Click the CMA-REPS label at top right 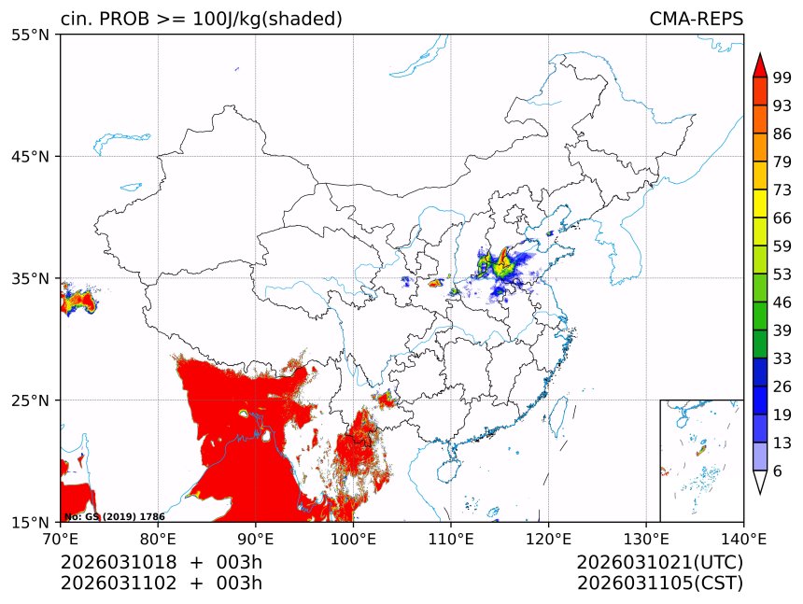click(696, 19)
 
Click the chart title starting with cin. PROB click(201, 19)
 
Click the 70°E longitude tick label click(61, 538)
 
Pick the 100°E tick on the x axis click(353, 538)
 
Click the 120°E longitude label click(548, 538)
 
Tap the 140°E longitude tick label click(743, 538)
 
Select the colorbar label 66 click(782, 221)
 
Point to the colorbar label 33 click(782, 358)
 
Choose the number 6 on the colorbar click(777, 471)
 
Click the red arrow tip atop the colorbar click(760, 65)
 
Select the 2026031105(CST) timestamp click(659, 583)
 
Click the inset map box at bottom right click(701, 460)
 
